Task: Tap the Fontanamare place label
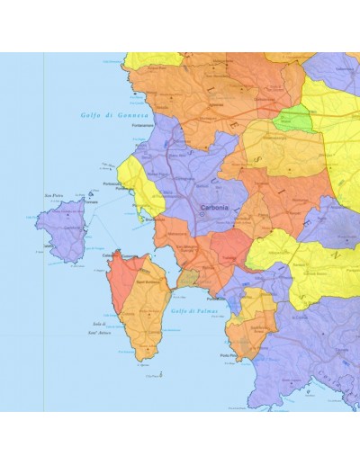143,127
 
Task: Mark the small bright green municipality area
293,117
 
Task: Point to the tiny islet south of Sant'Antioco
149,375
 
